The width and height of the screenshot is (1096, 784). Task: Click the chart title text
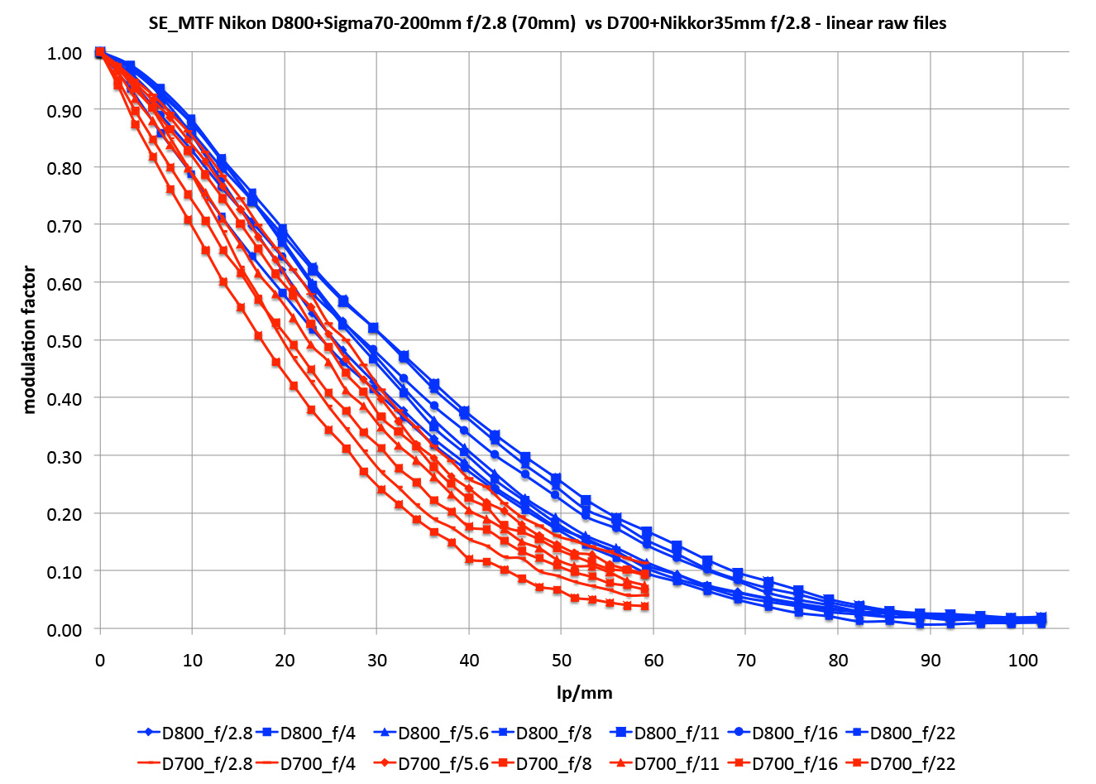pos(548,23)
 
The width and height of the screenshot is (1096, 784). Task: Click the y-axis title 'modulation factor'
pos(30,339)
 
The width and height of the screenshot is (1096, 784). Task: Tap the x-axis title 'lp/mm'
pos(584,692)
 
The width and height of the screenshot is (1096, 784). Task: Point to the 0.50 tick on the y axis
pos(65,340)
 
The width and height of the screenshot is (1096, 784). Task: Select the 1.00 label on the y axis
pos(65,53)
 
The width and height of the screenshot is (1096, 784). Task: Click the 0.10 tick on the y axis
pos(65,572)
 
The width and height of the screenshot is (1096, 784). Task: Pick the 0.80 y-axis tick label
pos(65,168)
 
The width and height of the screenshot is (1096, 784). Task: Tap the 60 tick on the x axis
pos(653,660)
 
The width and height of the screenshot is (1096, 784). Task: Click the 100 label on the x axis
pos(1022,660)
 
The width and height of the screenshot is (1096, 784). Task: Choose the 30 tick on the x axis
pos(377,660)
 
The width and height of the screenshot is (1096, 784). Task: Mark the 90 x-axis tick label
pos(931,660)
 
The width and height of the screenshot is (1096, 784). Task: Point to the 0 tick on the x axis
pos(100,660)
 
